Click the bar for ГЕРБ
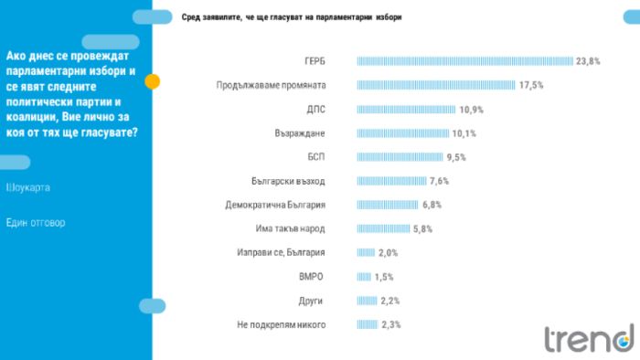coord(464,61)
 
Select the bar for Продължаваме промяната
coord(436,85)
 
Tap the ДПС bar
coord(406,110)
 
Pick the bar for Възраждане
coord(403,133)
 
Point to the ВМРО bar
coord(364,277)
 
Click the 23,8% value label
coord(588,61)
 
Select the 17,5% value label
coord(531,85)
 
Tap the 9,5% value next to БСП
coord(456,157)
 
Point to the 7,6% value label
coord(439,181)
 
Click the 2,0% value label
coord(388,253)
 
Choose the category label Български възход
coord(288,181)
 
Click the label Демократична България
coord(275,205)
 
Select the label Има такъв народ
coord(290,228)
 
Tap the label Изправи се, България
coord(281,253)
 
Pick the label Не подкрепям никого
coord(282,325)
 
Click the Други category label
coord(311,301)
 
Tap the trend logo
coord(590,338)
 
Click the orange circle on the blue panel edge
coord(153,81)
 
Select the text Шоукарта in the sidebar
coord(27,187)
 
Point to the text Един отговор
coord(36,223)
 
